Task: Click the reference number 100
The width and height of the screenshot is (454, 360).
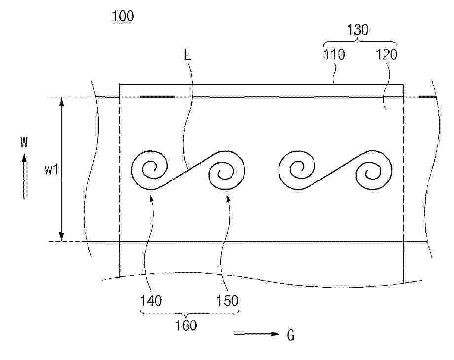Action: pos(123,16)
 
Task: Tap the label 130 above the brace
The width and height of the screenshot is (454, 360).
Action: pos(357,30)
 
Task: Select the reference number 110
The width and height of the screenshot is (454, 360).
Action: pos(334,54)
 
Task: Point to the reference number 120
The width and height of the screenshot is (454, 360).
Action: pos(386,54)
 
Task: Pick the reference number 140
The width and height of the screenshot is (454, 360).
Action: pos(151,301)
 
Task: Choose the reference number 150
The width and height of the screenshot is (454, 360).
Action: pos(227,301)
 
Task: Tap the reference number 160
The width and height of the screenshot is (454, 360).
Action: pos(186,325)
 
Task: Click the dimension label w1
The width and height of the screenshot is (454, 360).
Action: pos(52,170)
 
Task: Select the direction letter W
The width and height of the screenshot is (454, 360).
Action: pos(24,142)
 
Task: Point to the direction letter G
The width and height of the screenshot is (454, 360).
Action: pos(291,335)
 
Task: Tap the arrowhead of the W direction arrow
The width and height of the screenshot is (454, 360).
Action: pos(24,158)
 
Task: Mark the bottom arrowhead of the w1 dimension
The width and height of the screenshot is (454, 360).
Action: pos(62,236)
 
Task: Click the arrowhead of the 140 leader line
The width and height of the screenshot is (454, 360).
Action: pos(151,198)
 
